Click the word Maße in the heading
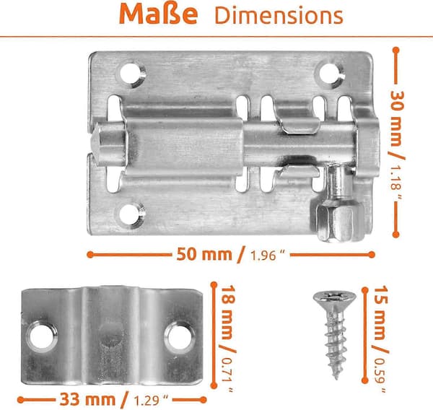point(159,14)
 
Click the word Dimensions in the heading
point(279,15)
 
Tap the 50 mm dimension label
point(204,254)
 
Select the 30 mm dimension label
point(397,118)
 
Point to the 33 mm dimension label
point(87,399)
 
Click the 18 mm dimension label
point(228,313)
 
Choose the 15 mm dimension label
point(381,313)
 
